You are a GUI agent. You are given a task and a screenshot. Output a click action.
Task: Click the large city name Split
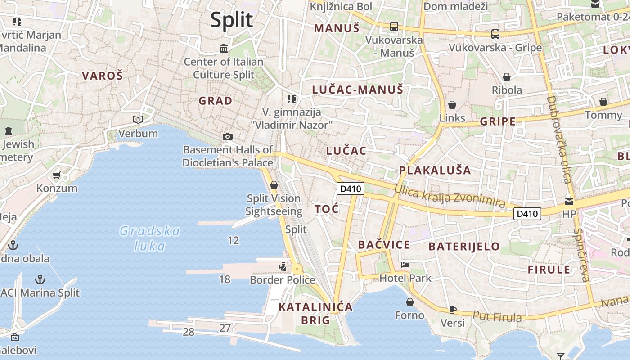(232, 20)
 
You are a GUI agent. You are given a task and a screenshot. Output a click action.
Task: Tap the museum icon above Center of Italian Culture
(224, 48)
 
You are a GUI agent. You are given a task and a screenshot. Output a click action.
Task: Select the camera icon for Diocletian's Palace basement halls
(228, 136)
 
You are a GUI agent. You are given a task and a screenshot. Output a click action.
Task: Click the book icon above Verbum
(138, 120)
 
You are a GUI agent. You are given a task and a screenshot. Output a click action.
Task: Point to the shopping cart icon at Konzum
(57, 175)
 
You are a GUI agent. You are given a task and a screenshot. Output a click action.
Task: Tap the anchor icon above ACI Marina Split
(40, 279)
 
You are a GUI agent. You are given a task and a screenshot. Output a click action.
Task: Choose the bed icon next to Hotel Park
(405, 265)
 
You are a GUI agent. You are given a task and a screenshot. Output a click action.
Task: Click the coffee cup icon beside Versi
(453, 310)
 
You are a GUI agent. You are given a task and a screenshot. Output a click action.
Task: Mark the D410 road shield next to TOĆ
(351, 189)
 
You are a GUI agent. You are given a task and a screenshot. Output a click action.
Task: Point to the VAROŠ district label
(102, 76)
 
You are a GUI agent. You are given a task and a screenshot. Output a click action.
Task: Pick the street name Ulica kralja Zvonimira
(450, 197)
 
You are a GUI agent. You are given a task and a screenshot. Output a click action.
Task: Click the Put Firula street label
(497, 316)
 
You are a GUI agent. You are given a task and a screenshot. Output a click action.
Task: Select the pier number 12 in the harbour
(233, 240)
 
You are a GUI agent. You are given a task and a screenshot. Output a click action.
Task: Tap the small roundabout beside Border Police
(297, 269)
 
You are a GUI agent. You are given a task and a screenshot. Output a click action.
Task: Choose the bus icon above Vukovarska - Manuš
(394, 27)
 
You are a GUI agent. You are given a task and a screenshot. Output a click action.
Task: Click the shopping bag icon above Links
(452, 105)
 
